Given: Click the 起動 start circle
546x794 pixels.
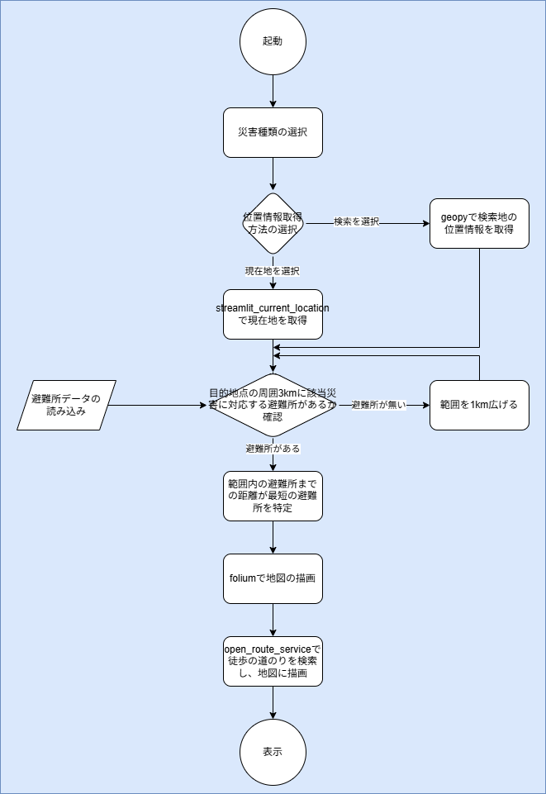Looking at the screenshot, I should pyautogui.click(x=273, y=41).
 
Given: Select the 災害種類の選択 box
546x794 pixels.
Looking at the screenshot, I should pyautogui.click(x=273, y=132).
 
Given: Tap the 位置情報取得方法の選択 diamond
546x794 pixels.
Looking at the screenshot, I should pyautogui.click(x=273, y=223).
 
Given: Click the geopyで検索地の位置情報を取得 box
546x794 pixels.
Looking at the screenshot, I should pyautogui.click(x=479, y=223).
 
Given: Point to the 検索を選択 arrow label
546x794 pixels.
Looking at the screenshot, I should pyautogui.click(x=356, y=222).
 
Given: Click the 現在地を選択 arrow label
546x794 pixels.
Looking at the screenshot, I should pyautogui.click(x=272, y=271).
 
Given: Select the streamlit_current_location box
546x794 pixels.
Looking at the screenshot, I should pyautogui.click(x=273, y=314).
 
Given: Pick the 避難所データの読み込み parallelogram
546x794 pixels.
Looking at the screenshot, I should pyautogui.click(x=66, y=405).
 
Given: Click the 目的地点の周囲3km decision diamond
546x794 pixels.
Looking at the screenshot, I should pyautogui.click(x=273, y=405).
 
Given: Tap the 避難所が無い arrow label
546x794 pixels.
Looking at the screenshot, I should pyautogui.click(x=379, y=405).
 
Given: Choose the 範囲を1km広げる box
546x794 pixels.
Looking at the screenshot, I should pyautogui.click(x=479, y=405).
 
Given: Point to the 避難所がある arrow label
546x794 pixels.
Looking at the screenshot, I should pyautogui.click(x=273, y=448).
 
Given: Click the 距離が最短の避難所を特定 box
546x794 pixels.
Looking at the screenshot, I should pyautogui.click(x=273, y=496).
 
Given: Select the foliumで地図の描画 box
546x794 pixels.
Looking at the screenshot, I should pyautogui.click(x=273, y=578).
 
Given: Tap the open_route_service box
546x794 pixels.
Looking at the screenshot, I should pyautogui.click(x=273, y=661).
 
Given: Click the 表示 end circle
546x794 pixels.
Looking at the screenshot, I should pyautogui.click(x=273, y=752).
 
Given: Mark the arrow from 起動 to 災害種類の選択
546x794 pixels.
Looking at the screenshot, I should pyautogui.click(x=273, y=91).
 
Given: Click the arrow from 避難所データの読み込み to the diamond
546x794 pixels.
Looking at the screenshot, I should pyautogui.click(x=157, y=406).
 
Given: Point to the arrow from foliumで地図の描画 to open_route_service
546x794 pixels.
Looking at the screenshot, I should pyautogui.click(x=273, y=620).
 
